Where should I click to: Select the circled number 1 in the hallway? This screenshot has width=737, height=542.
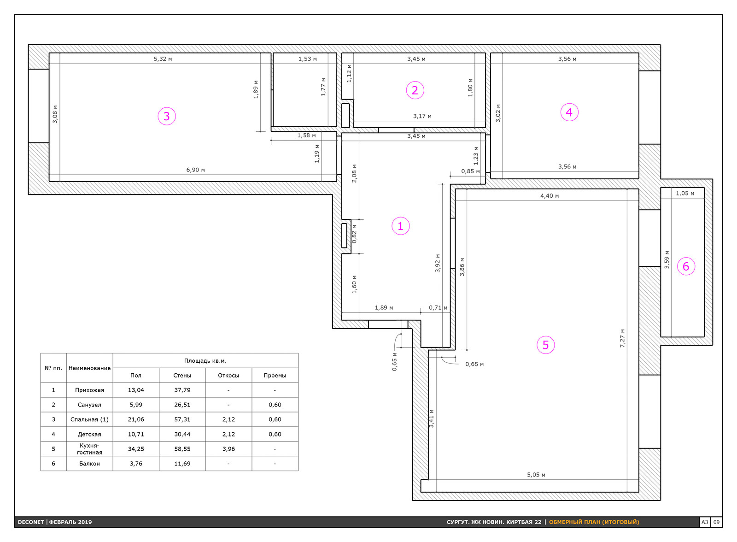[400, 226]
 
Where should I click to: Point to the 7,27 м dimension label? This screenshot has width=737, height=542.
[622, 338]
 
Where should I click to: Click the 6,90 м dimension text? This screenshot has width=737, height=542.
[195, 170]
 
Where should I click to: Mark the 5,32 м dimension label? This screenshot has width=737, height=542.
[163, 59]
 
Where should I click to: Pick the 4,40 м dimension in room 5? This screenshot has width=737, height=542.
[550, 196]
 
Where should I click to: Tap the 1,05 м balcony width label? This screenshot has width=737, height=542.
[685, 193]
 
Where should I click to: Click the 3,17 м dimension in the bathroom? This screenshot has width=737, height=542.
[422, 116]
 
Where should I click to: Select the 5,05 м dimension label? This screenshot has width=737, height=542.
[536, 475]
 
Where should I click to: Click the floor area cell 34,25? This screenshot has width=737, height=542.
[136, 449]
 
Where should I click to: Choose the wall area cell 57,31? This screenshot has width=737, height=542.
[182, 419]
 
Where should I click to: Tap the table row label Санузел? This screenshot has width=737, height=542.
[89, 405]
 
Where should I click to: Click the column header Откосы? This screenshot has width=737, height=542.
[228, 375]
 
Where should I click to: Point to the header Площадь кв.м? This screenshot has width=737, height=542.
[205, 360]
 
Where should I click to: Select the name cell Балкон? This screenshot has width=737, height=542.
[89, 463]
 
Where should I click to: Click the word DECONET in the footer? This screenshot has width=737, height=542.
[30, 522]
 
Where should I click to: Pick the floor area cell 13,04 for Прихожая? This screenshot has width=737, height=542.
[136, 390]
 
